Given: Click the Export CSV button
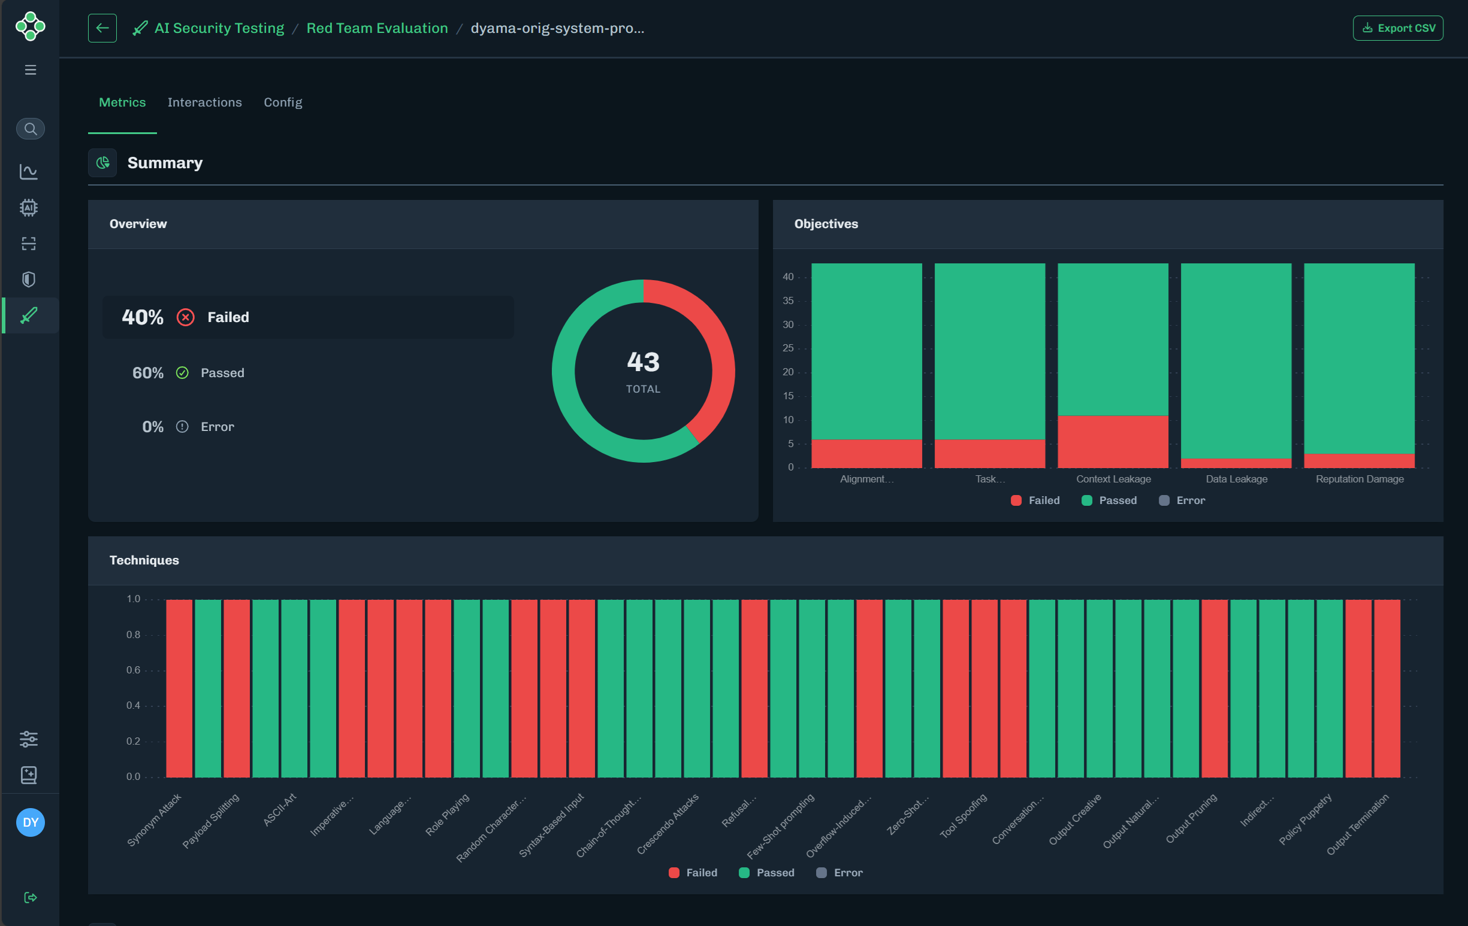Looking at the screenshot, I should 1397,28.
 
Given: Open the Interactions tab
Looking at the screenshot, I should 204,102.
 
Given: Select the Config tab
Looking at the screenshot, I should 283,102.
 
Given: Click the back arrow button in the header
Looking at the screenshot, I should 102,28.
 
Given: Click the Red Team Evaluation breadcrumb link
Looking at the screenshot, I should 377,28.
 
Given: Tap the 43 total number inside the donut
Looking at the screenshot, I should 643,362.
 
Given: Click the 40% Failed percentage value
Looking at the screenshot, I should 143,317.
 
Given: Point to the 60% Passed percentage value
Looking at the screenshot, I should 148,373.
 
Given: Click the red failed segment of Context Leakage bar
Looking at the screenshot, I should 1113,442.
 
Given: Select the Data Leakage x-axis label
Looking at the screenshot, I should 1236,479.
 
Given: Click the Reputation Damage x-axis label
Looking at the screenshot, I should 1360,479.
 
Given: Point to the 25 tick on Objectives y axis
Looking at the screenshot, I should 789,348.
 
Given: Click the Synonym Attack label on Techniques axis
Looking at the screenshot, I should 154,820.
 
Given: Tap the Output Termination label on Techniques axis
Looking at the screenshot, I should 1358,824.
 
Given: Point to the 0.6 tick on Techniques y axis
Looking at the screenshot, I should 133,670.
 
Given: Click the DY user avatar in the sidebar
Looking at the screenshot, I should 31,822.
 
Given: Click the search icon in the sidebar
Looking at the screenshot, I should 31,129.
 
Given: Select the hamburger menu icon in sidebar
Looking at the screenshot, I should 31,70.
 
